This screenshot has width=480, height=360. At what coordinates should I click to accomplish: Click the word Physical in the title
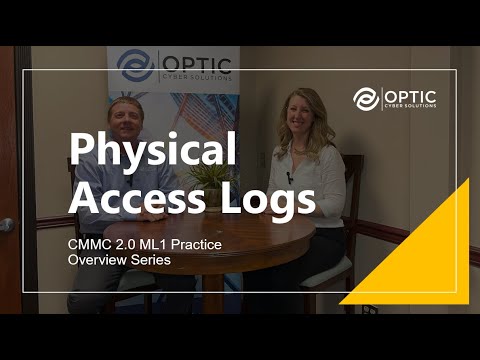[152, 151]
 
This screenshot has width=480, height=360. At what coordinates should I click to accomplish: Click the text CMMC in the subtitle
[86, 244]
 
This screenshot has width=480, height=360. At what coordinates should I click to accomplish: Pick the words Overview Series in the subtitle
[118, 260]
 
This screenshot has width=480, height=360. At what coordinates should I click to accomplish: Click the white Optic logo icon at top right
[367, 98]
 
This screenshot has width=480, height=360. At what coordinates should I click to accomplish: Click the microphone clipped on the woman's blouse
[290, 178]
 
